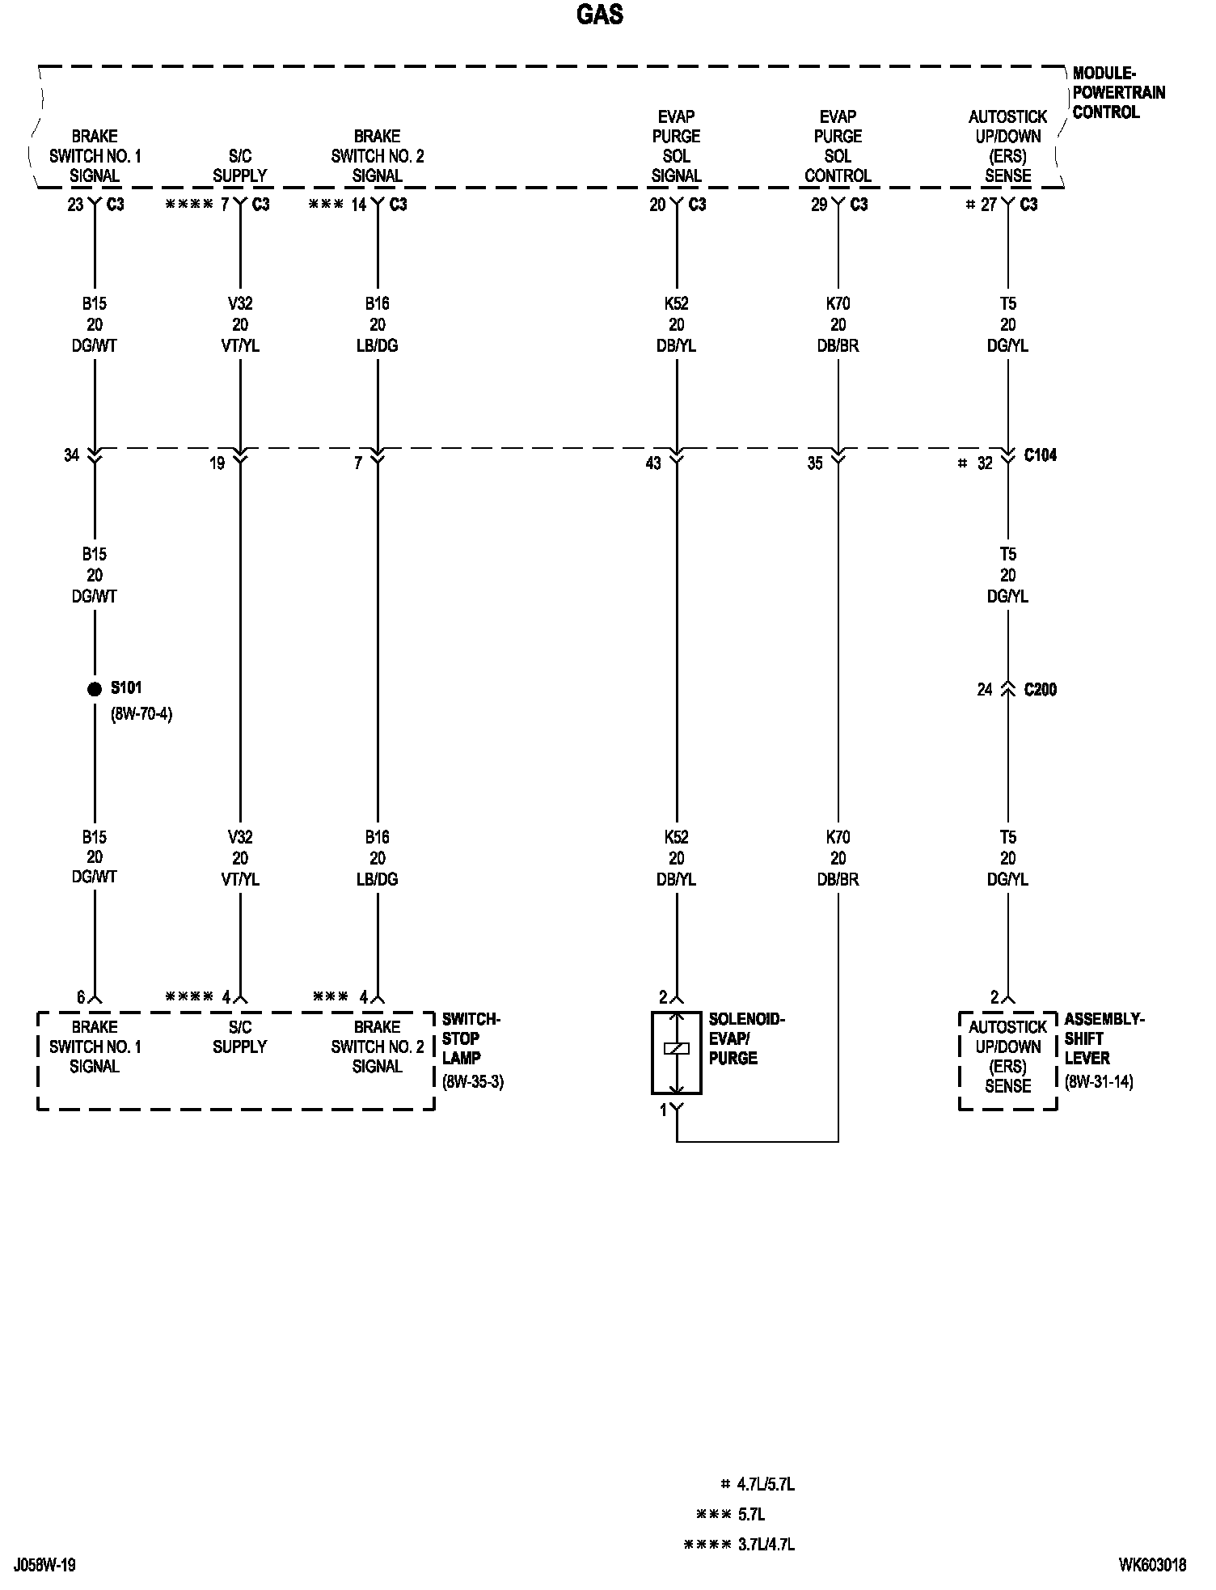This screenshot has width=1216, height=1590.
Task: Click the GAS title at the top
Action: coord(600,15)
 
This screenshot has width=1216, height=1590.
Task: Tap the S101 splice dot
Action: coord(95,689)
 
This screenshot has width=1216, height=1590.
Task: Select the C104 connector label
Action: coord(1040,455)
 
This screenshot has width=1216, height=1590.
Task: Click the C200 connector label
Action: coord(1040,690)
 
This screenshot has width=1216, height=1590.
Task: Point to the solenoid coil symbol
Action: coord(676,1049)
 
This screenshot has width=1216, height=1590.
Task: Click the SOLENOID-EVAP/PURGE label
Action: coord(745,1038)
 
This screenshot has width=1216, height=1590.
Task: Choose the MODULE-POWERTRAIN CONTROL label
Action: coord(1118,93)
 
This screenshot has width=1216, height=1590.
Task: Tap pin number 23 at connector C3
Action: coord(75,205)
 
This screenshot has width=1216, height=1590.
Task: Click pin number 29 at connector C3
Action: coord(819,205)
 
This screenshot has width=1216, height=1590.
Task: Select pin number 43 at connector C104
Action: coord(653,463)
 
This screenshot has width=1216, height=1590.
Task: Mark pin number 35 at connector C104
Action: coord(815,463)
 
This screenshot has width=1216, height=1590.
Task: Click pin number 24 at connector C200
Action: coord(984,690)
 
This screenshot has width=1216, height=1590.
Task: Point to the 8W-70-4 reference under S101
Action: coord(141,714)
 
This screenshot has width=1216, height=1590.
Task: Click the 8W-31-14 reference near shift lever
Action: coord(1099,1082)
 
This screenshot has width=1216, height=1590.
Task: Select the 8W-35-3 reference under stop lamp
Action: coord(473,1082)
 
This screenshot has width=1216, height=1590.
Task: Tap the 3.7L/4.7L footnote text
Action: coord(766,1545)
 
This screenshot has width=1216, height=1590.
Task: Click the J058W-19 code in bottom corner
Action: coord(44,1565)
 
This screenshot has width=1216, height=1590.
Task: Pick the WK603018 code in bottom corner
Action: coord(1152,1565)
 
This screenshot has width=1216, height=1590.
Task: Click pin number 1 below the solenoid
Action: coord(663,1110)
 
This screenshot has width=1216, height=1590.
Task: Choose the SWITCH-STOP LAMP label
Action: coord(471,1038)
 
